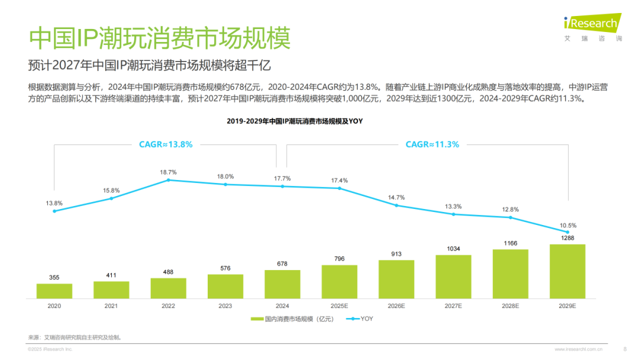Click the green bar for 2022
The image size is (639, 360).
(x=168, y=288)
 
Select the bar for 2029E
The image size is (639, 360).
(x=567, y=271)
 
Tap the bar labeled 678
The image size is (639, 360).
(x=282, y=284)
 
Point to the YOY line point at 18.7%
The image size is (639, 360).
(x=168, y=180)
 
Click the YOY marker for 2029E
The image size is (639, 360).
(x=567, y=232)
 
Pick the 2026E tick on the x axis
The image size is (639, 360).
(x=396, y=306)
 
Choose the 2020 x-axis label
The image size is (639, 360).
(x=54, y=306)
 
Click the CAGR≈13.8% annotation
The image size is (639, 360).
(x=166, y=144)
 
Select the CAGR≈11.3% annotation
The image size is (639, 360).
(x=432, y=144)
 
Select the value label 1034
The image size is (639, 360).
(x=453, y=249)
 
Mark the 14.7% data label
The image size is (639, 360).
(x=396, y=197)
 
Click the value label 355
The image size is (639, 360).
(x=54, y=277)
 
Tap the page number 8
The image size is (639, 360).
(x=625, y=349)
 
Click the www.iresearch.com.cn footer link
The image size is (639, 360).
(x=579, y=349)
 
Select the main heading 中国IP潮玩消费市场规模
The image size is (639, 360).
(x=160, y=38)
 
